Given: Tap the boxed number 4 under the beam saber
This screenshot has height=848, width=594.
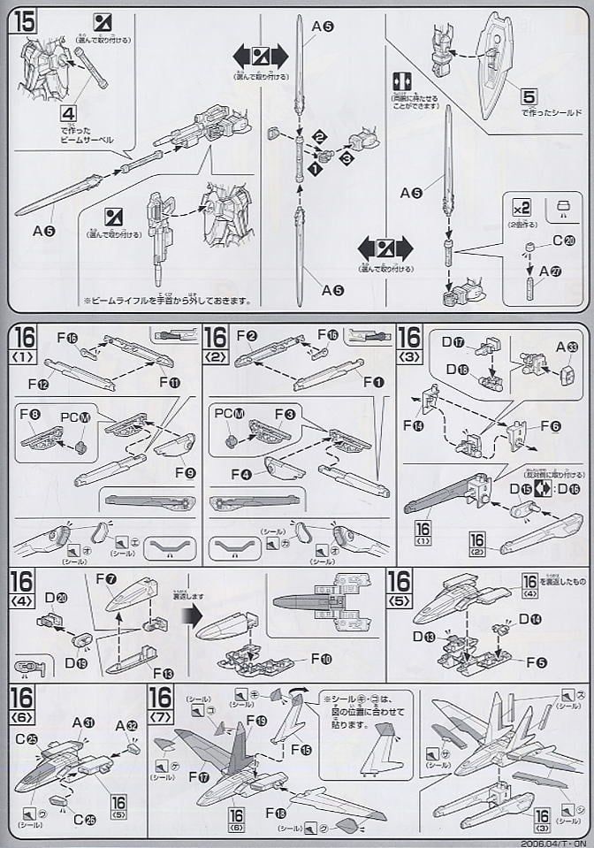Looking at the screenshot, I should point(68,112).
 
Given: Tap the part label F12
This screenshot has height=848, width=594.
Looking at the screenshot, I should point(38,386).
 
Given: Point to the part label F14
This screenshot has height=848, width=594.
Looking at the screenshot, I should point(413,424).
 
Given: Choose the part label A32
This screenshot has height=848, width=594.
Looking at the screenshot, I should point(127,724).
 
